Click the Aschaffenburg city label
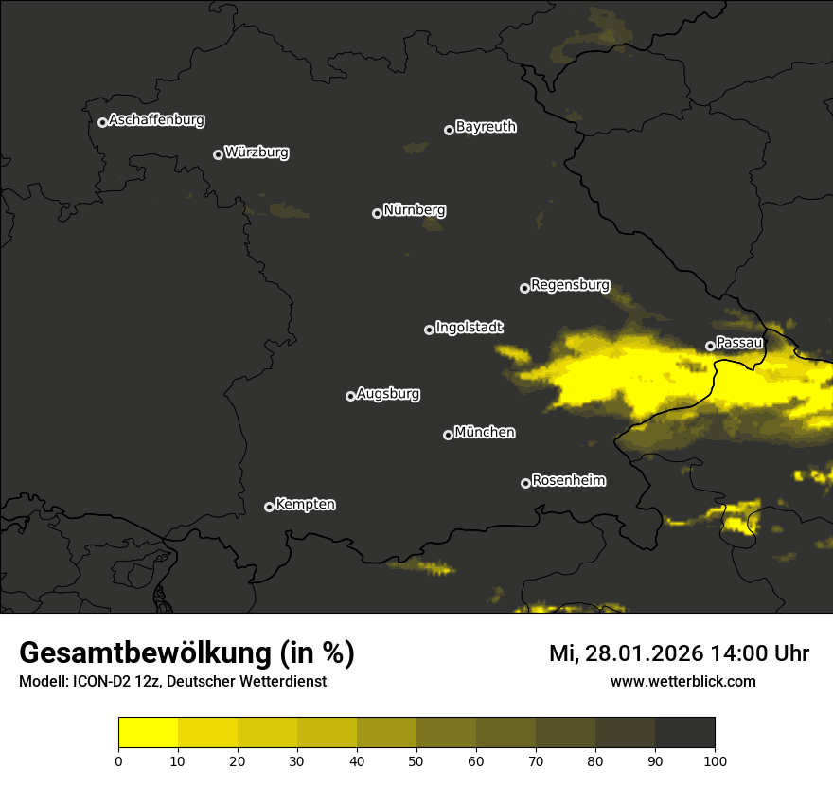(x=156, y=120)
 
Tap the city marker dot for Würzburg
(x=218, y=154)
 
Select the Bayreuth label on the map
(x=486, y=127)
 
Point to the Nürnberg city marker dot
(x=377, y=213)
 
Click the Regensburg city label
(x=570, y=284)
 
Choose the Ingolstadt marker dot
(x=429, y=330)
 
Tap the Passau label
(x=739, y=343)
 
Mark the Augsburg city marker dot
(x=350, y=396)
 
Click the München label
(x=485, y=433)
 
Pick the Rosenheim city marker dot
(x=525, y=483)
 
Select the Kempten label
(x=305, y=505)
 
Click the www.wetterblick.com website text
(x=682, y=681)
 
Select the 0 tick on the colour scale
(x=118, y=760)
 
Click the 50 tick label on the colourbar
(x=416, y=760)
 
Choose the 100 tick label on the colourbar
(x=715, y=760)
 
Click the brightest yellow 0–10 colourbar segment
(x=148, y=732)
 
